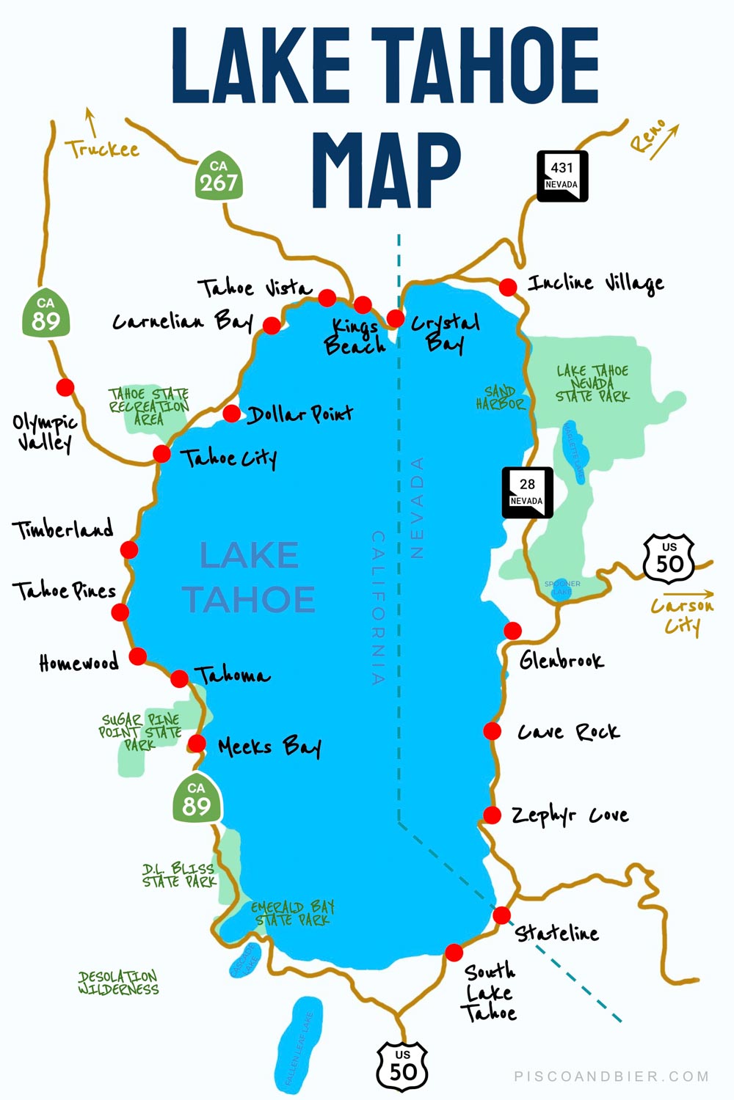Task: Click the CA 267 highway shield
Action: [219, 176]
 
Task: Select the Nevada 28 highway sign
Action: [526, 493]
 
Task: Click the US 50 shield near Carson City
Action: [669, 559]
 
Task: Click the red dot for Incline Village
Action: [508, 287]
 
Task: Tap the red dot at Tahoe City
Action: [161, 454]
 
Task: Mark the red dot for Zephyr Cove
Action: [493, 815]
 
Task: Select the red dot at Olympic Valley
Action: [65, 387]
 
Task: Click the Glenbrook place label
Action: [562, 661]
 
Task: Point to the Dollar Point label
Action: [300, 415]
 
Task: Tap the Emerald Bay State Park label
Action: [292, 914]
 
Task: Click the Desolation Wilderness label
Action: [118, 983]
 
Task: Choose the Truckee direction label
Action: [102, 150]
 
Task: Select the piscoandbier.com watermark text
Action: [611, 1077]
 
